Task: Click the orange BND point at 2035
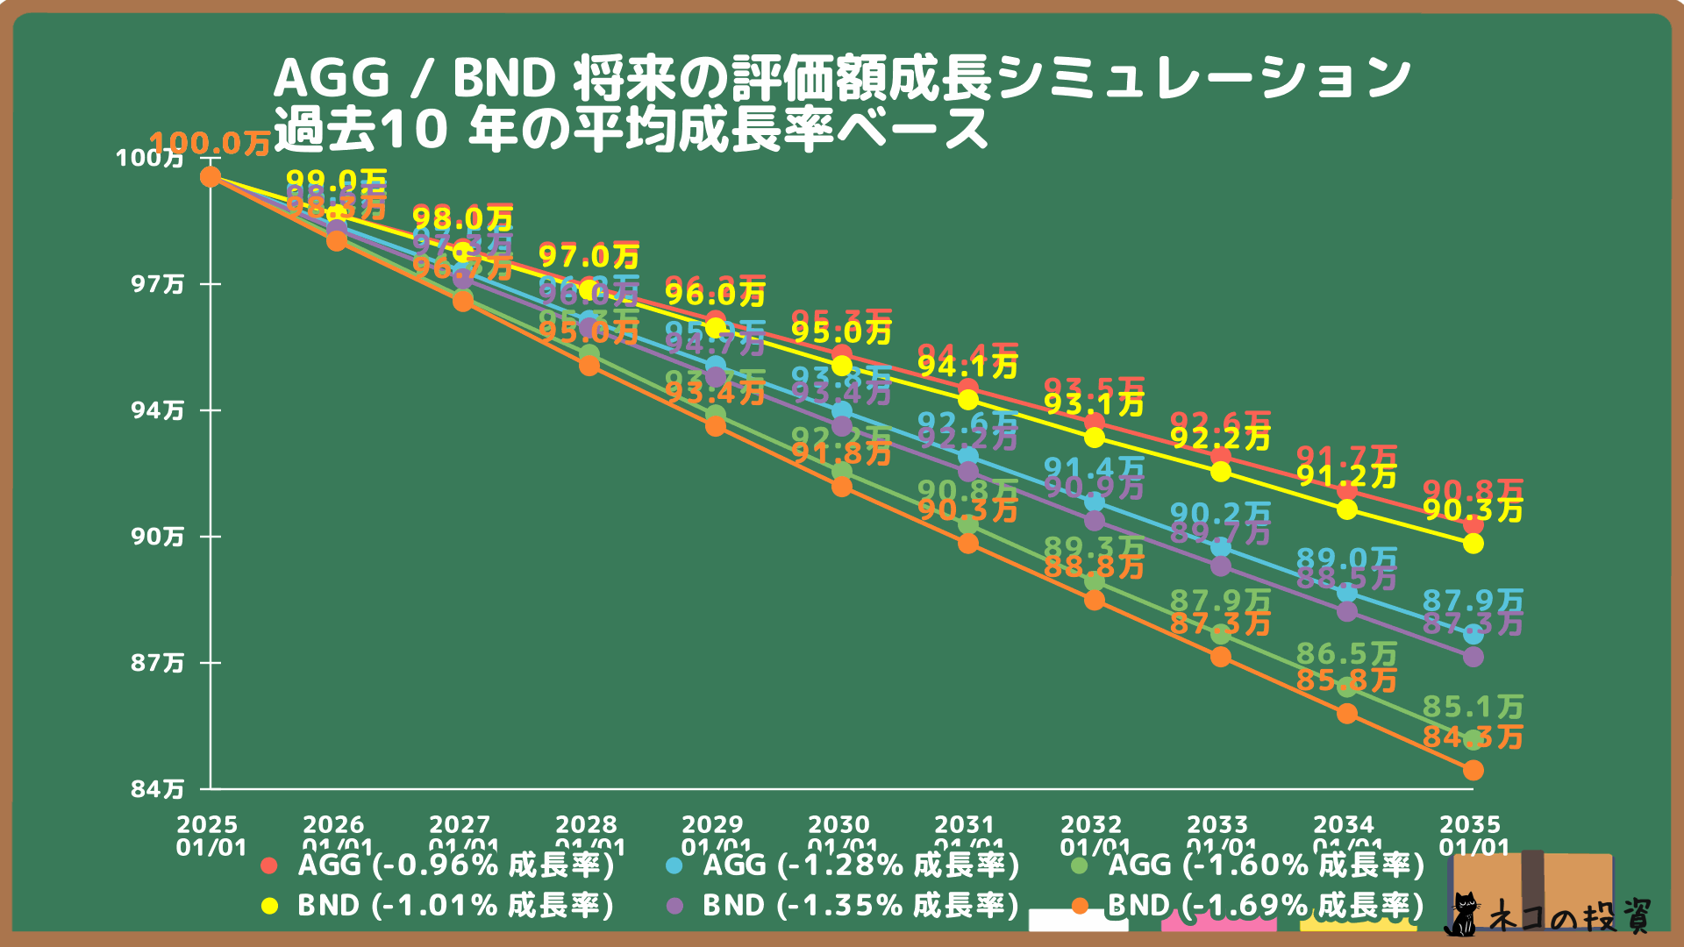[1473, 770]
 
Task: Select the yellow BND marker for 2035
[1473, 544]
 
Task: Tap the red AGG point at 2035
[1473, 524]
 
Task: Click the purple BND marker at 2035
[1473, 657]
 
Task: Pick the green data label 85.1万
[1473, 707]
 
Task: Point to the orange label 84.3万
[1473, 737]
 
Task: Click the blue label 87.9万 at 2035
[1473, 601]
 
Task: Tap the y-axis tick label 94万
[158, 410]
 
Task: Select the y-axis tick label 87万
[158, 663]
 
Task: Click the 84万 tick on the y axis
[158, 789]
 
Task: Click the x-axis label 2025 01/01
[208, 836]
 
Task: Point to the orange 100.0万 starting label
[209, 144]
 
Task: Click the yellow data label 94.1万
[967, 367]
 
